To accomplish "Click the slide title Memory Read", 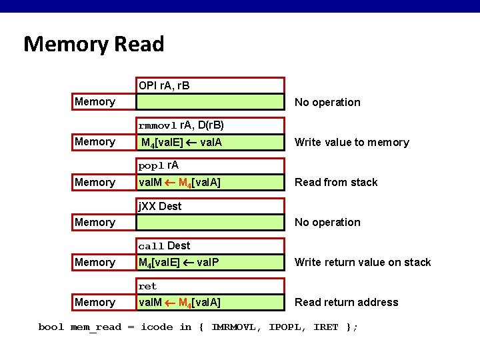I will (x=93, y=44).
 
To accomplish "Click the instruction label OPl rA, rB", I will (x=164, y=85).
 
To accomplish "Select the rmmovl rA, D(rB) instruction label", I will (x=181, y=125).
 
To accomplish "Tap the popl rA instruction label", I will (x=159, y=165).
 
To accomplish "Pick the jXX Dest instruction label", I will (x=160, y=206).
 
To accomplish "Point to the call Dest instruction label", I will (x=164, y=246).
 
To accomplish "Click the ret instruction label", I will (x=147, y=286).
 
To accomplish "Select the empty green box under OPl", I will (x=211, y=102).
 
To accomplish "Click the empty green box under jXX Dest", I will (x=211, y=222).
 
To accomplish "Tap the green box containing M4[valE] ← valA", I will (x=211, y=142).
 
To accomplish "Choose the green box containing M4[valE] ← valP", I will (x=211, y=262).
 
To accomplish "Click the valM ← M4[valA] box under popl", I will (x=211, y=182).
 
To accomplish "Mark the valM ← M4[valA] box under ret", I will (x=211, y=302).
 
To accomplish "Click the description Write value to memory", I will (x=351, y=142).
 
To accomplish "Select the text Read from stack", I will (x=336, y=182).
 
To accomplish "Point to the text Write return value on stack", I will (x=363, y=262).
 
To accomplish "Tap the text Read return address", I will (x=346, y=302).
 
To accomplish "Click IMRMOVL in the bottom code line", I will (x=237, y=327).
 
